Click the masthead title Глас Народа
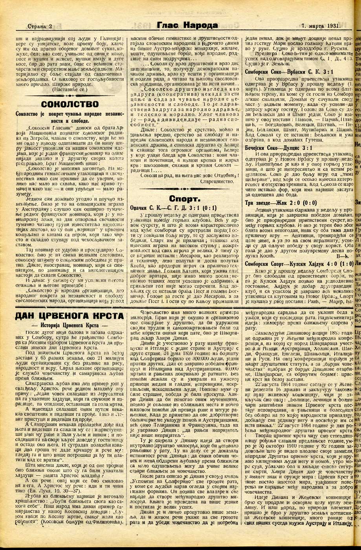pyautogui.click(x=187, y=26)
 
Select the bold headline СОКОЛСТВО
pyautogui.click(x=70, y=104)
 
